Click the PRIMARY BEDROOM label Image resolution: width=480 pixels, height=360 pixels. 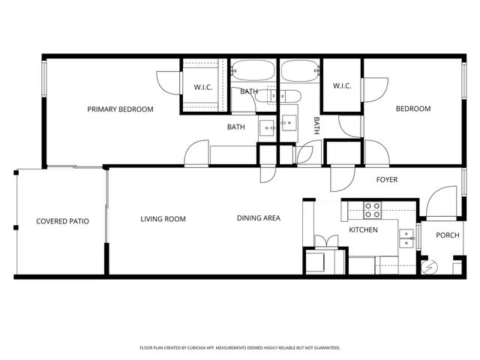120,109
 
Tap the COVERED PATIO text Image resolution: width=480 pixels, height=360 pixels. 62,221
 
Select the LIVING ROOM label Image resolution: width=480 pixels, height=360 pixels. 163,219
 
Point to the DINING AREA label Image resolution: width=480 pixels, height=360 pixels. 259,218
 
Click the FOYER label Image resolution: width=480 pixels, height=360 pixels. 387,180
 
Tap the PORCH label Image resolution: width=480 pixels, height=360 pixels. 448,235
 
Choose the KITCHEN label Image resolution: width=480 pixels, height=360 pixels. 363,229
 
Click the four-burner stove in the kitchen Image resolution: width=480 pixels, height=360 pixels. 373,210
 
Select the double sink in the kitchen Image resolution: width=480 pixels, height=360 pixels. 406,238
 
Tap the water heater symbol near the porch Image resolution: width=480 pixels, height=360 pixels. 430,265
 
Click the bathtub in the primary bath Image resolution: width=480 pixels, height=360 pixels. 253,73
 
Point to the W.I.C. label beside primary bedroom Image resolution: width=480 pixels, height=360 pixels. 203,86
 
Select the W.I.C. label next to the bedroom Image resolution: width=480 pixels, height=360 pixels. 342,85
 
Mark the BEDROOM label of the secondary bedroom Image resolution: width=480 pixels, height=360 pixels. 413,109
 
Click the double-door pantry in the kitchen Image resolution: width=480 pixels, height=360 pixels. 323,242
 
